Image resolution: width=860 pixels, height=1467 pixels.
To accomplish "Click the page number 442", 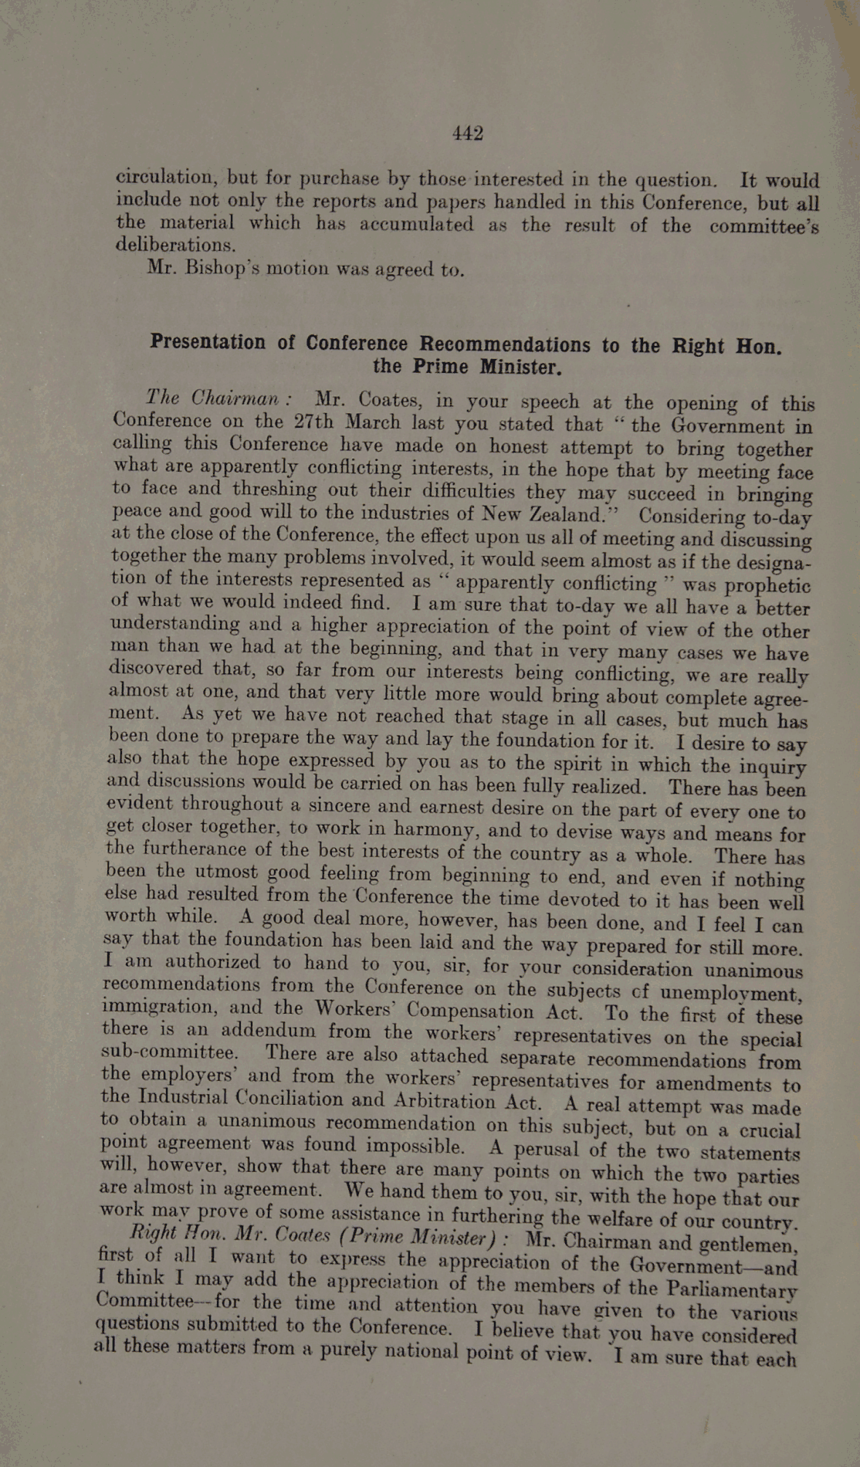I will (x=468, y=134).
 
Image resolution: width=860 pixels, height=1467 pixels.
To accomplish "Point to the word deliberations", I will (x=174, y=245).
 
